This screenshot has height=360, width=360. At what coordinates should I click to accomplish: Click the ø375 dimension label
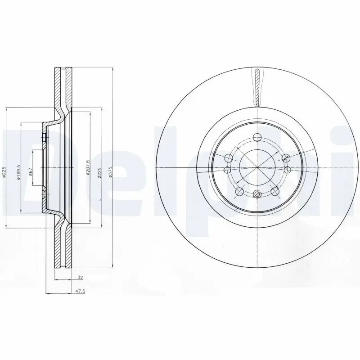(110, 171)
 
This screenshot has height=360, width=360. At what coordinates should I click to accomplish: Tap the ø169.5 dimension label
(19, 171)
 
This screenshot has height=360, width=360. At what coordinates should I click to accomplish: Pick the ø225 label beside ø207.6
(99, 171)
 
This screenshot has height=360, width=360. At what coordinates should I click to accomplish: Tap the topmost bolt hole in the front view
(257, 138)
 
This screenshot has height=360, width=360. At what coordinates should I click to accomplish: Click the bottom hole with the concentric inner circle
(257, 194)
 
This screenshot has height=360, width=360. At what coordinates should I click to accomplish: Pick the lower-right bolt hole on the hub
(274, 192)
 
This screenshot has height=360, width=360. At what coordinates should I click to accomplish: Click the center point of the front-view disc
(257, 166)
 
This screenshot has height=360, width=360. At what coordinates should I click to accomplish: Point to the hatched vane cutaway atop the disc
(257, 85)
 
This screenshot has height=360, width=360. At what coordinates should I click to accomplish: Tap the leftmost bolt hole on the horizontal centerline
(227, 170)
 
